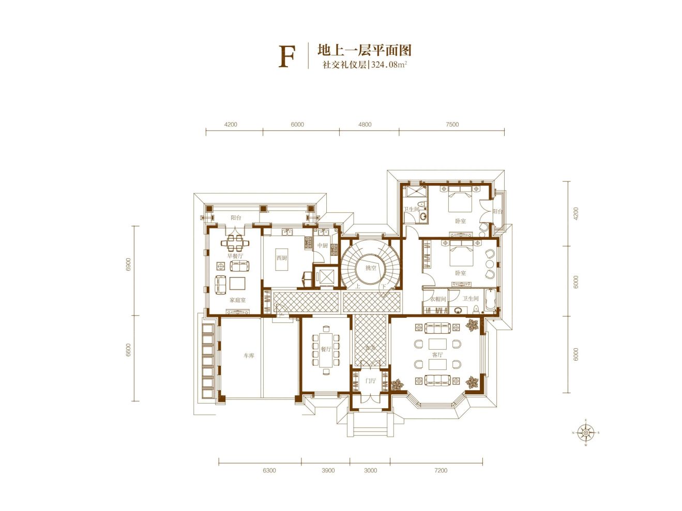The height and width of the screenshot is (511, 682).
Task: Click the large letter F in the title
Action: coord(286,57)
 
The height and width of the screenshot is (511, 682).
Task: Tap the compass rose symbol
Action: coord(585,432)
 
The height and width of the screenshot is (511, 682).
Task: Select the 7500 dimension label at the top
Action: coord(452,125)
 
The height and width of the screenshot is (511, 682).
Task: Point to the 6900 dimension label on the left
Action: coord(128,264)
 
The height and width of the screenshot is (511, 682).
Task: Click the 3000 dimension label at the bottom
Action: coord(370,471)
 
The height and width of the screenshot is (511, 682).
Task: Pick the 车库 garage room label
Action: coord(249,356)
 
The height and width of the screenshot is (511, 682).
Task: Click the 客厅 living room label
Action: coord(437,355)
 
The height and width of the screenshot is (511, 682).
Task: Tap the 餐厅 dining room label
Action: coord(325,349)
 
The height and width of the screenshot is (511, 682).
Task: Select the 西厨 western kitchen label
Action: coord(281,258)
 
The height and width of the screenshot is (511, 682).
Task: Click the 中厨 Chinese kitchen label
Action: coord(323,245)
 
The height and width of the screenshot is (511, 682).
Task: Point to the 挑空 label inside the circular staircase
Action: coord(371,268)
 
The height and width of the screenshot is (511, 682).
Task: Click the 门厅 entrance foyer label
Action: coord(370,381)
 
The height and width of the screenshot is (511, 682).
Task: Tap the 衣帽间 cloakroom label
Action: coord(437,299)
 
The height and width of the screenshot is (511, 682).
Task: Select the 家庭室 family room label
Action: coord(237,300)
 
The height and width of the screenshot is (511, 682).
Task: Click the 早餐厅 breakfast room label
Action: coord(235,256)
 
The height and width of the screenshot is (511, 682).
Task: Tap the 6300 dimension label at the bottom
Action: coord(269,471)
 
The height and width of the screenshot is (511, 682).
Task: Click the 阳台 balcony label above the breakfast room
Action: coord(236,218)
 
